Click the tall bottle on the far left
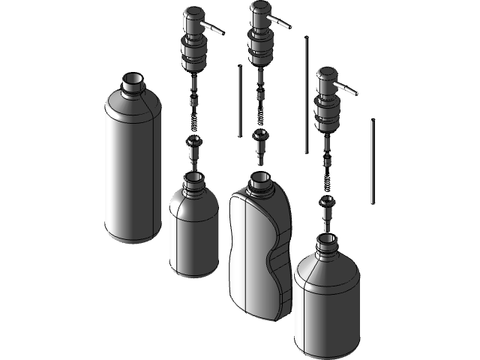tap(133, 172)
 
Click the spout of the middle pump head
tap(280, 22)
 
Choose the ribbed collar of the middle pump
tap(260, 48)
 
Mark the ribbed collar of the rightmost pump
tap(327, 115)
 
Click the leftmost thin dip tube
tap(238, 101)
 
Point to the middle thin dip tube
tap(305, 94)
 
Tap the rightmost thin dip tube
tap(372, 161)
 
